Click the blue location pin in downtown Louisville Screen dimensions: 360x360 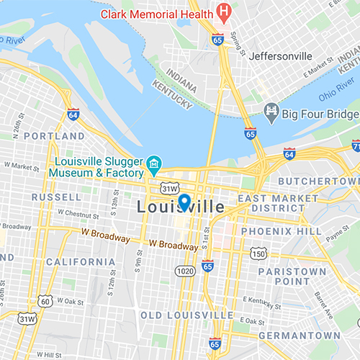[184, 202]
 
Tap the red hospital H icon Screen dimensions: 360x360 [225, 12]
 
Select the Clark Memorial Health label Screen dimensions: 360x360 [156, 14]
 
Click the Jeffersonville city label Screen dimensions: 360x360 [280, 55]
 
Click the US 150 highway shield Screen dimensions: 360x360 [258, 253]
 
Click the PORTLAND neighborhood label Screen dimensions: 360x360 [54, 135]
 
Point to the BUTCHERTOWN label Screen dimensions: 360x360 [318, 181]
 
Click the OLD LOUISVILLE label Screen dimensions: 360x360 [186, 315]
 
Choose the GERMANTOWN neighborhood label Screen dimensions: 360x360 [300, 336]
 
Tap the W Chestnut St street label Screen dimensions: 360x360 [63, 213]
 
